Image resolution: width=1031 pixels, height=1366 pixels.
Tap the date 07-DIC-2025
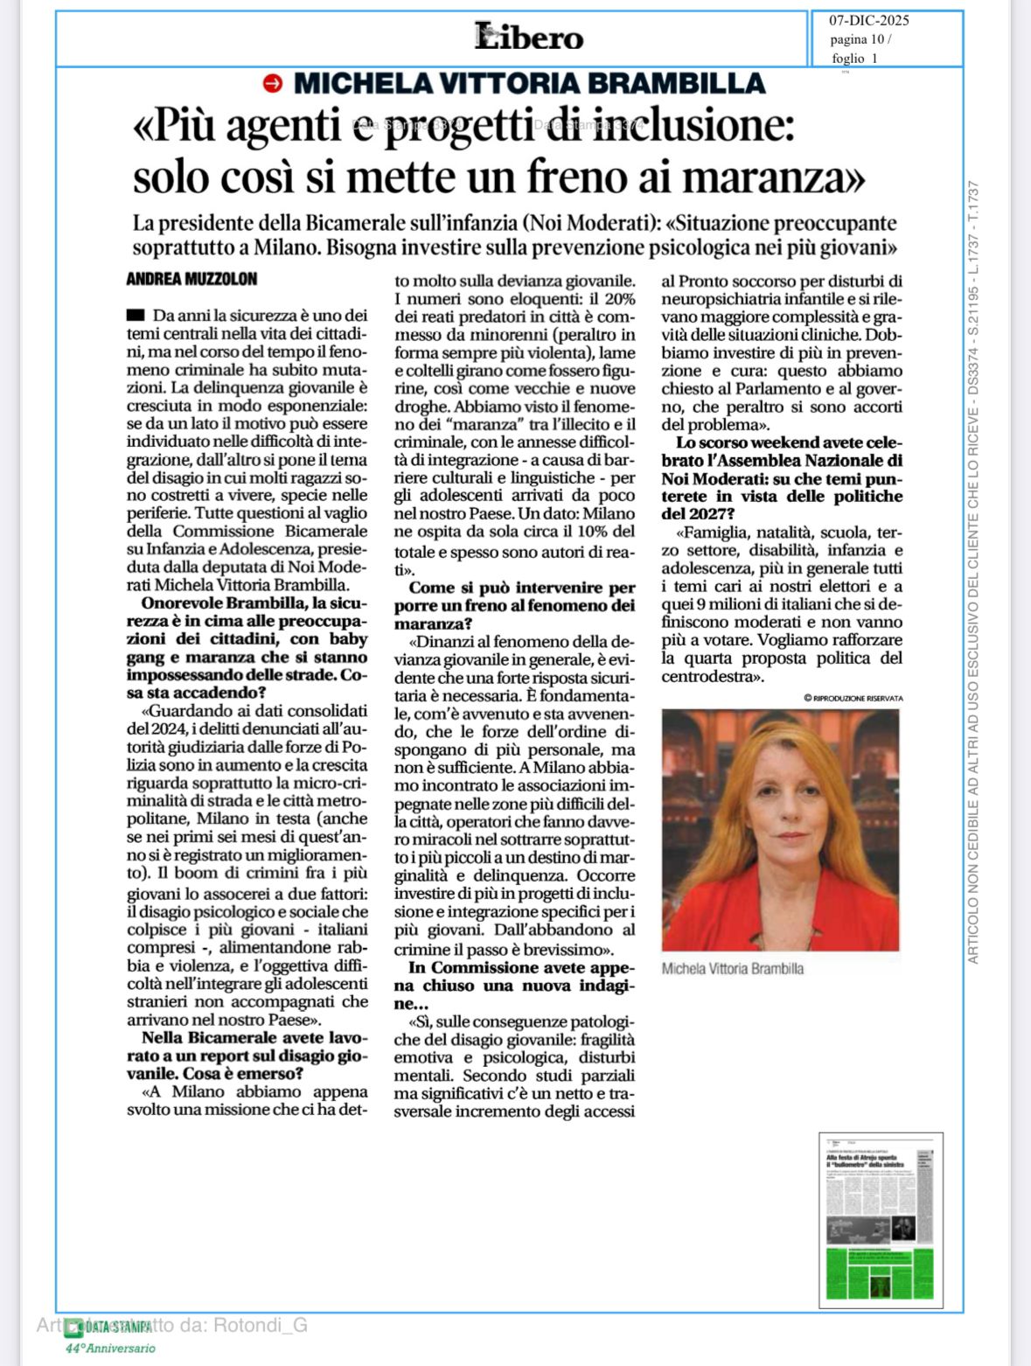coord(869,20)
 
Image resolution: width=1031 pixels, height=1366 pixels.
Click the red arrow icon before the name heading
coord(274,84)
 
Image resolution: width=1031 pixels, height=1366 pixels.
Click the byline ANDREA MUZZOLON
coord(192,280)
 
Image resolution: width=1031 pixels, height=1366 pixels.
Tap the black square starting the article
coord(135,315)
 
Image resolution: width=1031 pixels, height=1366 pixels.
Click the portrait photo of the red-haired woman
coord(780,829)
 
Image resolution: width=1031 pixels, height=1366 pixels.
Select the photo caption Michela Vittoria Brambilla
coord(732,968)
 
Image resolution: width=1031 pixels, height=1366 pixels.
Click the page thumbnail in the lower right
coord(880,1220)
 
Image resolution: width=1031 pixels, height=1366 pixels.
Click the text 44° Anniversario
coord(110,1349)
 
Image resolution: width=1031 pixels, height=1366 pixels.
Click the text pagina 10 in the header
coord(860,39)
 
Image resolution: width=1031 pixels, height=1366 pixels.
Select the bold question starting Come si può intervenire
coord(515,606)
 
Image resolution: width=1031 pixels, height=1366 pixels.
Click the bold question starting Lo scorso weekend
coord(782,478)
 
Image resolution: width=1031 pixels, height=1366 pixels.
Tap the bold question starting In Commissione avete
coord(515,986)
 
